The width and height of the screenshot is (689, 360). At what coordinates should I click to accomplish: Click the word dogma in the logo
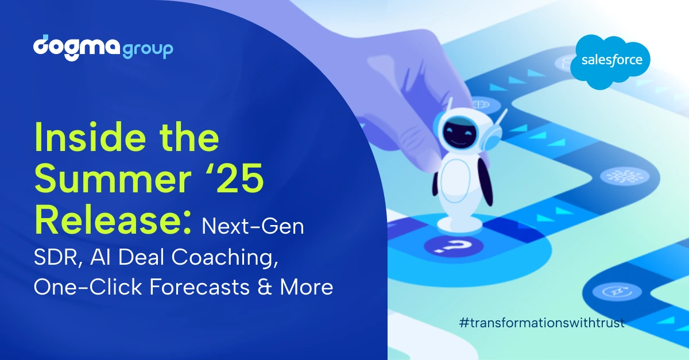(76, 48)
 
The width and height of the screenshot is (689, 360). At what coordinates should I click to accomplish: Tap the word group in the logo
(148, 50)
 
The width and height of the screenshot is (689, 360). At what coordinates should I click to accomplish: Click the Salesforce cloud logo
(610, 62)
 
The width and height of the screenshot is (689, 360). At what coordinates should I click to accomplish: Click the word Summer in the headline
(113, 179)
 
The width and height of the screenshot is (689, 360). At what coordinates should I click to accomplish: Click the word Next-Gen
(253, 226)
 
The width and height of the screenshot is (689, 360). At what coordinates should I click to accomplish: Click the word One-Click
(88, 287)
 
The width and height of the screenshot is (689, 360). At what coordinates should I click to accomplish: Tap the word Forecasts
(199, 287)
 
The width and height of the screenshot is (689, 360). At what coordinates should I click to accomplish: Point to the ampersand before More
(265, 287)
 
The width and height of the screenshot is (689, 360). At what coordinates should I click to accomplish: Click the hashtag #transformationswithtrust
(542, 323)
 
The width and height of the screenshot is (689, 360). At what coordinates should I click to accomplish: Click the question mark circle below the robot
(454, 247)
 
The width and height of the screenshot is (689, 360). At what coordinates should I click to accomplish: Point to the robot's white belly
(456, 181)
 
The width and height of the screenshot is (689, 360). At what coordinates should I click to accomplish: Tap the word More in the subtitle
(307, 287)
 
